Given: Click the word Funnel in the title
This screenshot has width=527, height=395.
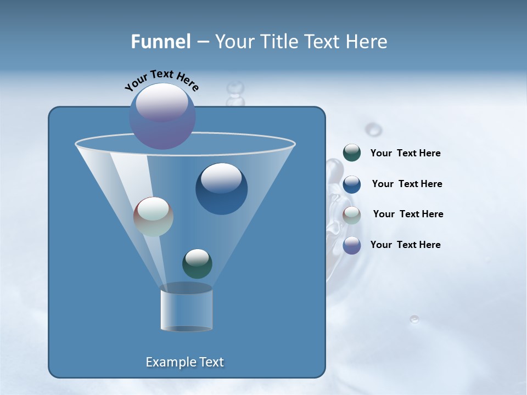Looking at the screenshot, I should [160, 42].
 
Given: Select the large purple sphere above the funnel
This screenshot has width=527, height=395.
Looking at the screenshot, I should [162, 116].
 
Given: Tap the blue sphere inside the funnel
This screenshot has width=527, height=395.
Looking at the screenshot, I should [221, 189].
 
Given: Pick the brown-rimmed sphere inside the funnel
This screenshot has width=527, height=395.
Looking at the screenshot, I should [153, 217].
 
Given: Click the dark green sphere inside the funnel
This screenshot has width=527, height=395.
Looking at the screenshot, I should [197, 264].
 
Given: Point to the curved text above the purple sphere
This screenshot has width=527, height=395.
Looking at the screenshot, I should [161, 80].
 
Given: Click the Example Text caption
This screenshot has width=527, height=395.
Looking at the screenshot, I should [184, 362].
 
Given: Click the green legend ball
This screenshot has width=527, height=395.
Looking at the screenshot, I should [352, 153].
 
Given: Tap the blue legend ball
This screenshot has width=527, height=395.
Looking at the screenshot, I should [352, 184].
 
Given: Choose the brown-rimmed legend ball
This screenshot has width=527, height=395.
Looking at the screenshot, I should [352, 215].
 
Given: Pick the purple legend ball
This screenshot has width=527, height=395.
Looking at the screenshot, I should [352, 245].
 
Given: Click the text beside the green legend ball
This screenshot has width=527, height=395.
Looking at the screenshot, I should [405, 154].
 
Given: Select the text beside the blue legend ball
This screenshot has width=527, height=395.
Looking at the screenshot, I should [407, 184].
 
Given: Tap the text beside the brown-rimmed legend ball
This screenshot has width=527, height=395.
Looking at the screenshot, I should [408, 215].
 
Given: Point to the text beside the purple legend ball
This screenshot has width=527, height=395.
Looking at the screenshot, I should [405, 245].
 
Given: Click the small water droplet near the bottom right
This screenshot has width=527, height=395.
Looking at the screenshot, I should [414, 319].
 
